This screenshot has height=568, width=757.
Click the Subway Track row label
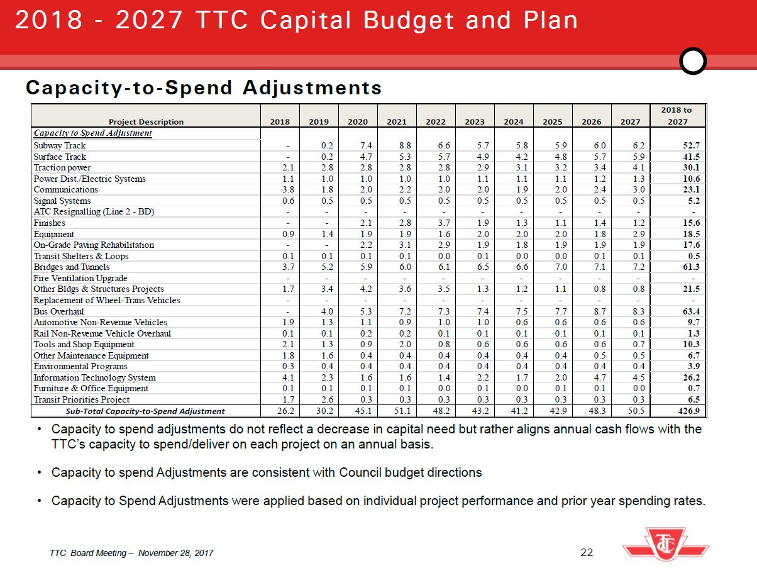click(60, 146)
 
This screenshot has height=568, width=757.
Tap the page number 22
click(587, 552)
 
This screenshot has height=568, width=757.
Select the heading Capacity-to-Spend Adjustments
click(204, 87)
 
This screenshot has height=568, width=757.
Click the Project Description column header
click(146, 122)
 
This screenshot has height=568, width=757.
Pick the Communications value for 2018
click(281, 190)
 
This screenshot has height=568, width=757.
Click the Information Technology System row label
click(94, 377)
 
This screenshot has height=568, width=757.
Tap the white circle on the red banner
click(693, 62)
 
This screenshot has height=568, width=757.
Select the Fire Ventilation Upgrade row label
click(80, 278)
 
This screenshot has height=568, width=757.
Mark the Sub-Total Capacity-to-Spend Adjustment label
click(145, 411)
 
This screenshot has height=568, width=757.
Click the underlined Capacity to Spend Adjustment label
click(93, 133)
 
